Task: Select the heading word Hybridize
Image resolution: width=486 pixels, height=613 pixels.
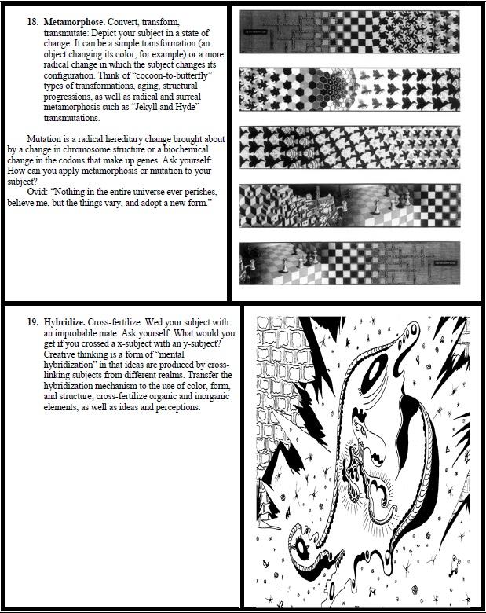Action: [66, 322]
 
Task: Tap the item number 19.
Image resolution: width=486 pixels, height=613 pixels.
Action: [33, 322]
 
